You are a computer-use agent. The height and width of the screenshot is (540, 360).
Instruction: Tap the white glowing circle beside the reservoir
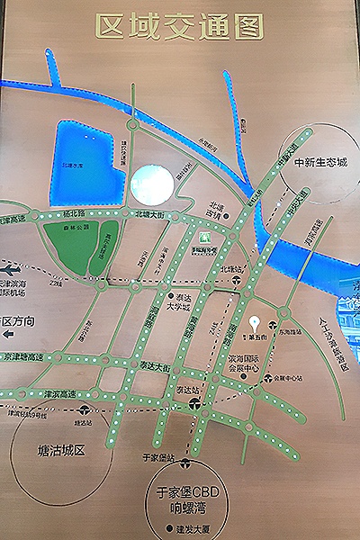click(150, 184)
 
